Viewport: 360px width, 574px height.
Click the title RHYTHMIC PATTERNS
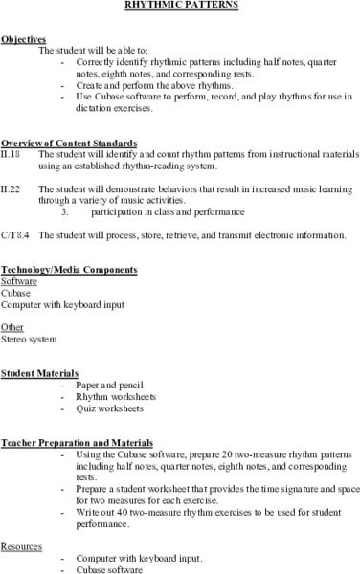(179, 5)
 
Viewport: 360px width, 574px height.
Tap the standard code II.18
(11, 152)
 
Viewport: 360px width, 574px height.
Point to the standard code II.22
(11, 189)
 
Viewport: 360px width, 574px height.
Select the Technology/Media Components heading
(69, 270)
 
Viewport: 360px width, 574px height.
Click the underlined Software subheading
(19, 282)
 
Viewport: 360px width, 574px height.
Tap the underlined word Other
(13, 325)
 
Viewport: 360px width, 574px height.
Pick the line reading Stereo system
(29, 339)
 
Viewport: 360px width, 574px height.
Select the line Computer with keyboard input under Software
(55, 304)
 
